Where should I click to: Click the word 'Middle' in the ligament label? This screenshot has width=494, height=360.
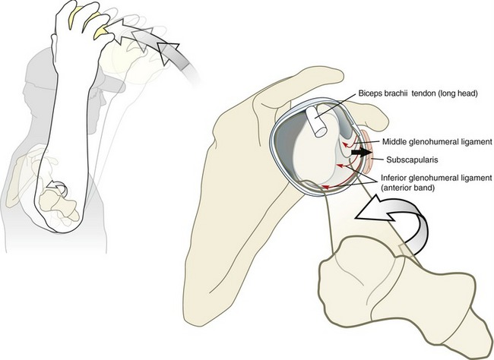(x=398, y=141)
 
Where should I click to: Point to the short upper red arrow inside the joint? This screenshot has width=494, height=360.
(x=347, y=144)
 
